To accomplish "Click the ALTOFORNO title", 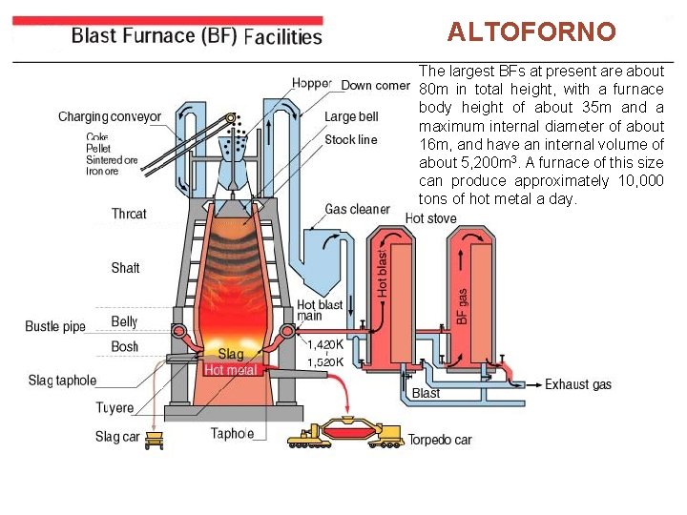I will point(532,32).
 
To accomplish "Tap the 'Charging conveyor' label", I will point(110,117).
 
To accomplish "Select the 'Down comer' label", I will point(375,86).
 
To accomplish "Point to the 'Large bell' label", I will point(351,117).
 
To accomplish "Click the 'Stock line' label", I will point(351,140).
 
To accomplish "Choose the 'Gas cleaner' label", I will point(357,209).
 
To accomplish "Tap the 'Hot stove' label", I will point(431,218).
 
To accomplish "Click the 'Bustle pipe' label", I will point(55,327).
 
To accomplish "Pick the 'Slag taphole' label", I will point(62,381).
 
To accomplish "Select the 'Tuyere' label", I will point(114,408).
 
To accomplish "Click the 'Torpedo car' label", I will point(440,441).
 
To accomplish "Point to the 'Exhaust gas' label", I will point(578,385).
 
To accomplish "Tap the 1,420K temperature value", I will point(325,344).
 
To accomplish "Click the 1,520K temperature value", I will point(325,362).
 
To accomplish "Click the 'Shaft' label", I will point(125,268).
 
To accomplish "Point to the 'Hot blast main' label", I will point(319,311).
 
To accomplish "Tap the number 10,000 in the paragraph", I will point(637,181).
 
